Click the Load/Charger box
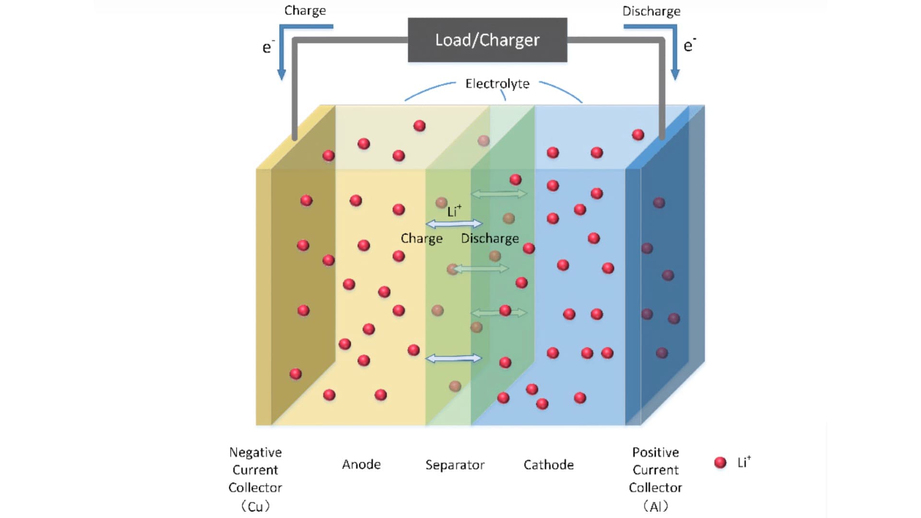(x=487, y=40)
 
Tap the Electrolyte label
(x=497, y=83)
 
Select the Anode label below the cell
(x=361, y=464)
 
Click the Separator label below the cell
(x=455, y=465)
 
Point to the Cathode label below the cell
(x=548, y=465)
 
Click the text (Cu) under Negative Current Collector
(x=255, y=506)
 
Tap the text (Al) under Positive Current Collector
(x=655, y=506)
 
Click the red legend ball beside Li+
(x=720, y=462)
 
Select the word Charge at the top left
(x=305, y=11)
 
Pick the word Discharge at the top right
(x=651, y=11)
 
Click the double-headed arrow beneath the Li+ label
(x=454, y=224)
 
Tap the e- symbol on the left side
(x=268, y=47)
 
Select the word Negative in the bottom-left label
(x=255, y=452)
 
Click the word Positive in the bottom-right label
(x=655, y=452)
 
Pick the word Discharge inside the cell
(x=490, y=238)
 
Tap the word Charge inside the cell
(x=422, y=238)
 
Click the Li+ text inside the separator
(x=454, y=211)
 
